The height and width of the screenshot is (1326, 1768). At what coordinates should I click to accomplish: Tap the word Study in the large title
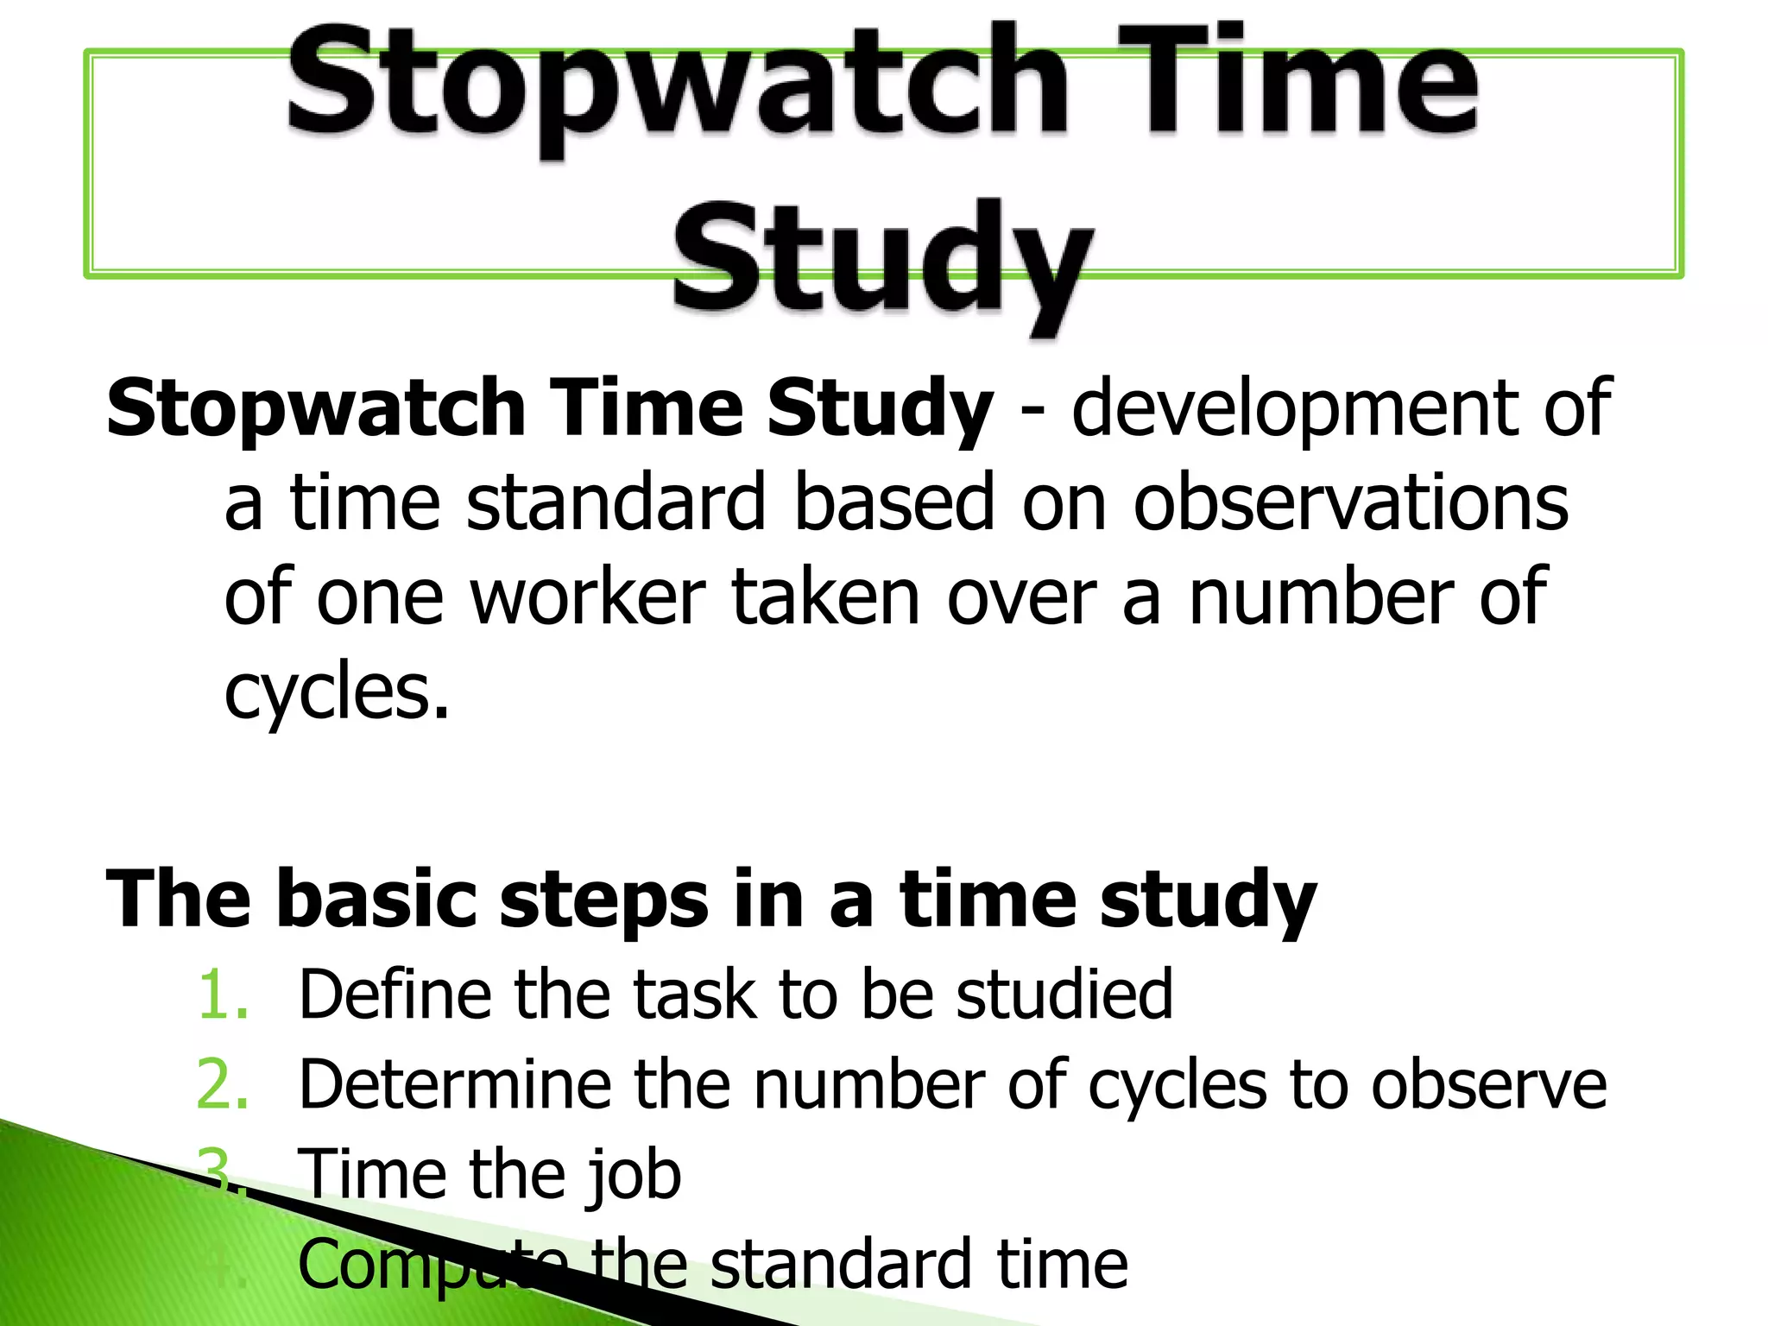(x=882, y=259)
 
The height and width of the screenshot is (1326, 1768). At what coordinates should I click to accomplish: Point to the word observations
(x=1350, y=505)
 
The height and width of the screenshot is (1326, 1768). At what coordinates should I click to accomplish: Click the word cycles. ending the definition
(x=337, y=693)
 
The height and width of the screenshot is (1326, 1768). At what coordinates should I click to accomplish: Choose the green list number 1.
(x=223, y=995)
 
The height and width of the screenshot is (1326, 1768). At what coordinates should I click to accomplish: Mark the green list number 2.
(x=223, y=1085)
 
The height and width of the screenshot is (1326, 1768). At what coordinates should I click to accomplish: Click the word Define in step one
(x=393, y=995)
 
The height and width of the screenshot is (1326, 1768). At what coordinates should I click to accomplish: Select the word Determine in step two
(x=454, y=1085)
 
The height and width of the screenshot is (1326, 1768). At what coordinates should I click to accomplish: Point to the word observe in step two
(x=1488, y=1085)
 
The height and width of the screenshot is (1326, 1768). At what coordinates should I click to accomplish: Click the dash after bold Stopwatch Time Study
(x=1031, y=413)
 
